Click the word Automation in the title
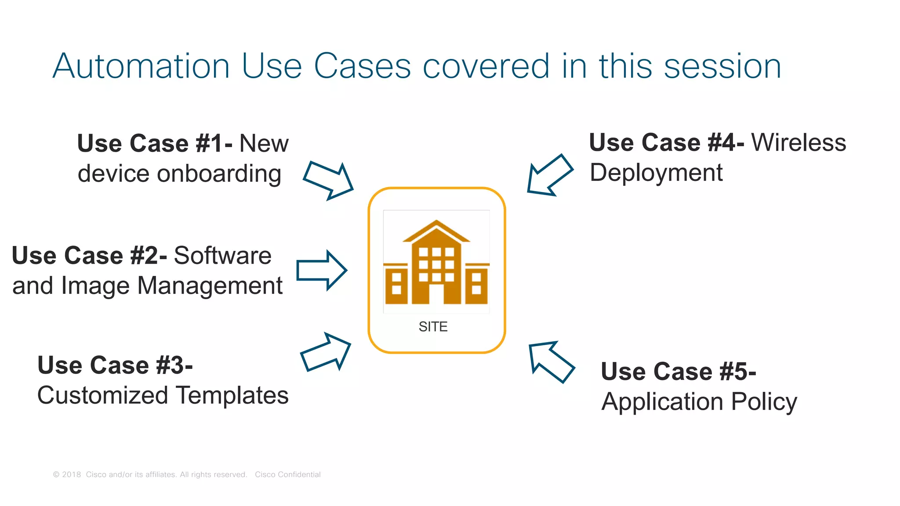[141, 66]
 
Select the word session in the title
[722, 66]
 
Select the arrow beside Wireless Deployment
[549, 175]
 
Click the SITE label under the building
[433, 327]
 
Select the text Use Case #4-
[666, 143]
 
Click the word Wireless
[798, 143]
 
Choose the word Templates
[232, 395]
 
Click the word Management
[210, 286]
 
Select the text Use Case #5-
[678, 372]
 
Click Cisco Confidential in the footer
[287, 474]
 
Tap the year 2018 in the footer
[71, 474]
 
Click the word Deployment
[656, 173]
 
